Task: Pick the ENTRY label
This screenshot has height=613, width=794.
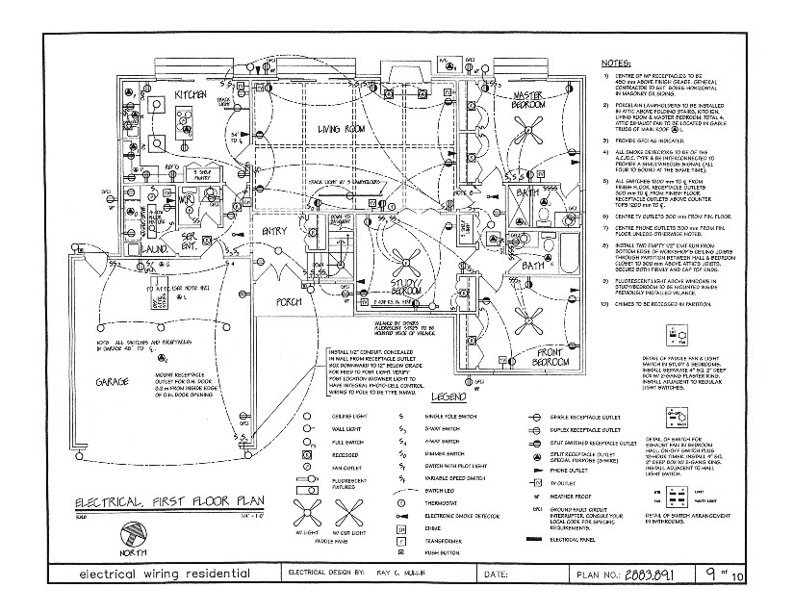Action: [274, 230]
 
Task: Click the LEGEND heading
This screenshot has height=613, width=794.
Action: [448, 396]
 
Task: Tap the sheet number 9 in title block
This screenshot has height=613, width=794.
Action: [709, 574]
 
